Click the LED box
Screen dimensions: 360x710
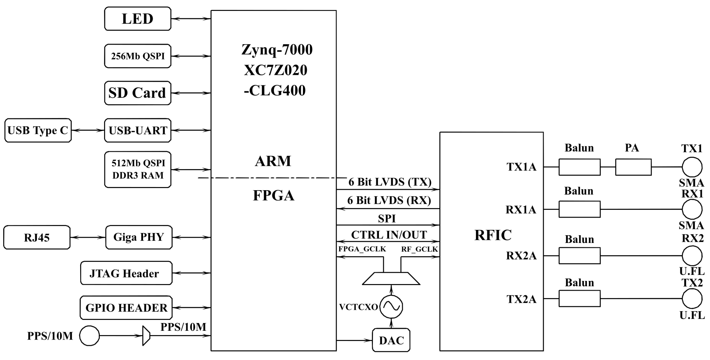pyautogui.click(x=137, y=19)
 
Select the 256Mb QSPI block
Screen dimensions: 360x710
pyautogui.click(x=137, y=56)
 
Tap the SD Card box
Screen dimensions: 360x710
pyautogui.click(x=137, y=93)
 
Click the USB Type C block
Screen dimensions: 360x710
pyautogui.click(x=38, y=130)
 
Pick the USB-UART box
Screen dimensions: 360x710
pyautogui.click(x=137, y=130)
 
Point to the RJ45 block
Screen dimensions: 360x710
pyautogui.click(x=37, y=237)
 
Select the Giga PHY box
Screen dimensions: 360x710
pyautogui.click(x=139, y=237)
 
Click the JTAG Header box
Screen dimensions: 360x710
pyautogui.click(x=126, y=273)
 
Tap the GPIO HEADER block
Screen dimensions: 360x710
pyautogui.click(x=126, y=308)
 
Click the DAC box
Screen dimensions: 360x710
pyautogui.click(x=391, y=340)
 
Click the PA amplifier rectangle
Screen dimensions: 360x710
pyautogui.click(x=633, y=167)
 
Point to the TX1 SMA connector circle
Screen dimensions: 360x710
pyautogui.click(x=692, y=167)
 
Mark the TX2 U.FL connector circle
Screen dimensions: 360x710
pyautogui.click(x=692, y=299)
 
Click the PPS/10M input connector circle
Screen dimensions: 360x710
pyautogui.click(x=89, y=336)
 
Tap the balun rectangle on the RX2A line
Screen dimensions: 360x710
pyautogui.click(x=579, y=256)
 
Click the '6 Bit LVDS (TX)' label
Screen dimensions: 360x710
pyautogui.click(x=390, y=182)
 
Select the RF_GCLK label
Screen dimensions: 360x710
pyautogui.click(x=419, y=249)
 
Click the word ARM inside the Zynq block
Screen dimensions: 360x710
pyautogui.click(x=273, y=161)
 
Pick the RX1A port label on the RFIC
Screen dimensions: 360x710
pyautogui.click(x=521, y=210)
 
